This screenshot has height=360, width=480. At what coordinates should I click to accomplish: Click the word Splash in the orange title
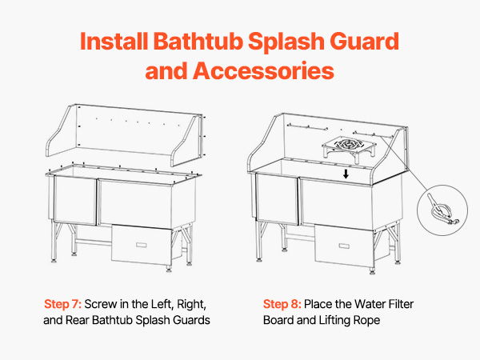click(286, 42)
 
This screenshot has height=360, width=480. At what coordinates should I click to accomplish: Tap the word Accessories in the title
click(263, 70)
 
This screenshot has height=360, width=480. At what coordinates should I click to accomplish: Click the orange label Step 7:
click(62, 304)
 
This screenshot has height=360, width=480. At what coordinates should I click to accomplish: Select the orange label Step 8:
click(282, 304)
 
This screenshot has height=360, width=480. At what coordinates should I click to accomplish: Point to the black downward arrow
click(346, 174)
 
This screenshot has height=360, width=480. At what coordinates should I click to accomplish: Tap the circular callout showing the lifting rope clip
click(442, 210)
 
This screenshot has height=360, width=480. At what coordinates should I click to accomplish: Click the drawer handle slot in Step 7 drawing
click(141, 245)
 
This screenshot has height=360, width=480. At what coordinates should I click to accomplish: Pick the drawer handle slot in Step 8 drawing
click(344, 246)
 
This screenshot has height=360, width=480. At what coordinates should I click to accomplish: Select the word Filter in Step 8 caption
click(401, 304)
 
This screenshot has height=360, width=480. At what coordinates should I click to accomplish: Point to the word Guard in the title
click(364, 42)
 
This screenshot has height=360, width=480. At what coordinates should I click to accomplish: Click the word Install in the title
click(114, 41)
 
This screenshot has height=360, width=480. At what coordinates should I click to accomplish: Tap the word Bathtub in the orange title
click(198, 41)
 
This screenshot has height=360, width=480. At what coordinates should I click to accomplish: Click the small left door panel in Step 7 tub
click(75, 200)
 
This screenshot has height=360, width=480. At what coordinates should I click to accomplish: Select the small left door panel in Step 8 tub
click(277, 198)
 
